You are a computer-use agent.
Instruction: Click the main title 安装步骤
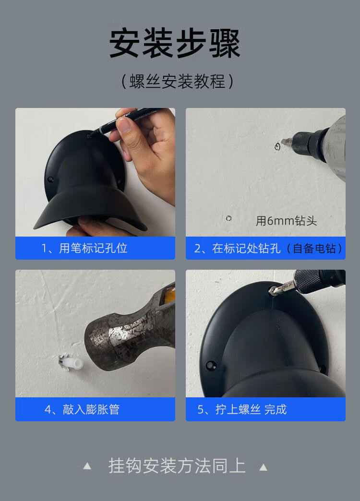(x=175, y=44)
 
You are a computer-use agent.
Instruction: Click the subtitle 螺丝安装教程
(x=178, y=81)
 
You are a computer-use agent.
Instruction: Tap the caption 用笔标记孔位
(x=84, y=248)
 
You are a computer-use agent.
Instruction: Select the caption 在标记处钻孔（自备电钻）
(x=268, y=248)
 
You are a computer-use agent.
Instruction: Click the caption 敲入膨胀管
(x=82, y=409)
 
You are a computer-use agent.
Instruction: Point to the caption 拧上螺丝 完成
(x=242, y=409)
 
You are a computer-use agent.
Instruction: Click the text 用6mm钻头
(x=286, y=220)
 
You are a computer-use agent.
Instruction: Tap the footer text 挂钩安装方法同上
(x=177, y=466)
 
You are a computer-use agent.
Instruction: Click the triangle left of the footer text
(x=87, y=466)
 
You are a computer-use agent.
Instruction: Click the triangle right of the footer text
(x=263, y=467)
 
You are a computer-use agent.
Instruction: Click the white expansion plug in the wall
(x=72, y=363)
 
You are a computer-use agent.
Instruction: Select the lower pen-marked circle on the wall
(x=228, y=218)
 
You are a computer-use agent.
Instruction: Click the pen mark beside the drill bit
(x=278, y=146)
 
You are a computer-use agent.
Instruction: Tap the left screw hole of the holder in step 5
(x=210, y=365)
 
